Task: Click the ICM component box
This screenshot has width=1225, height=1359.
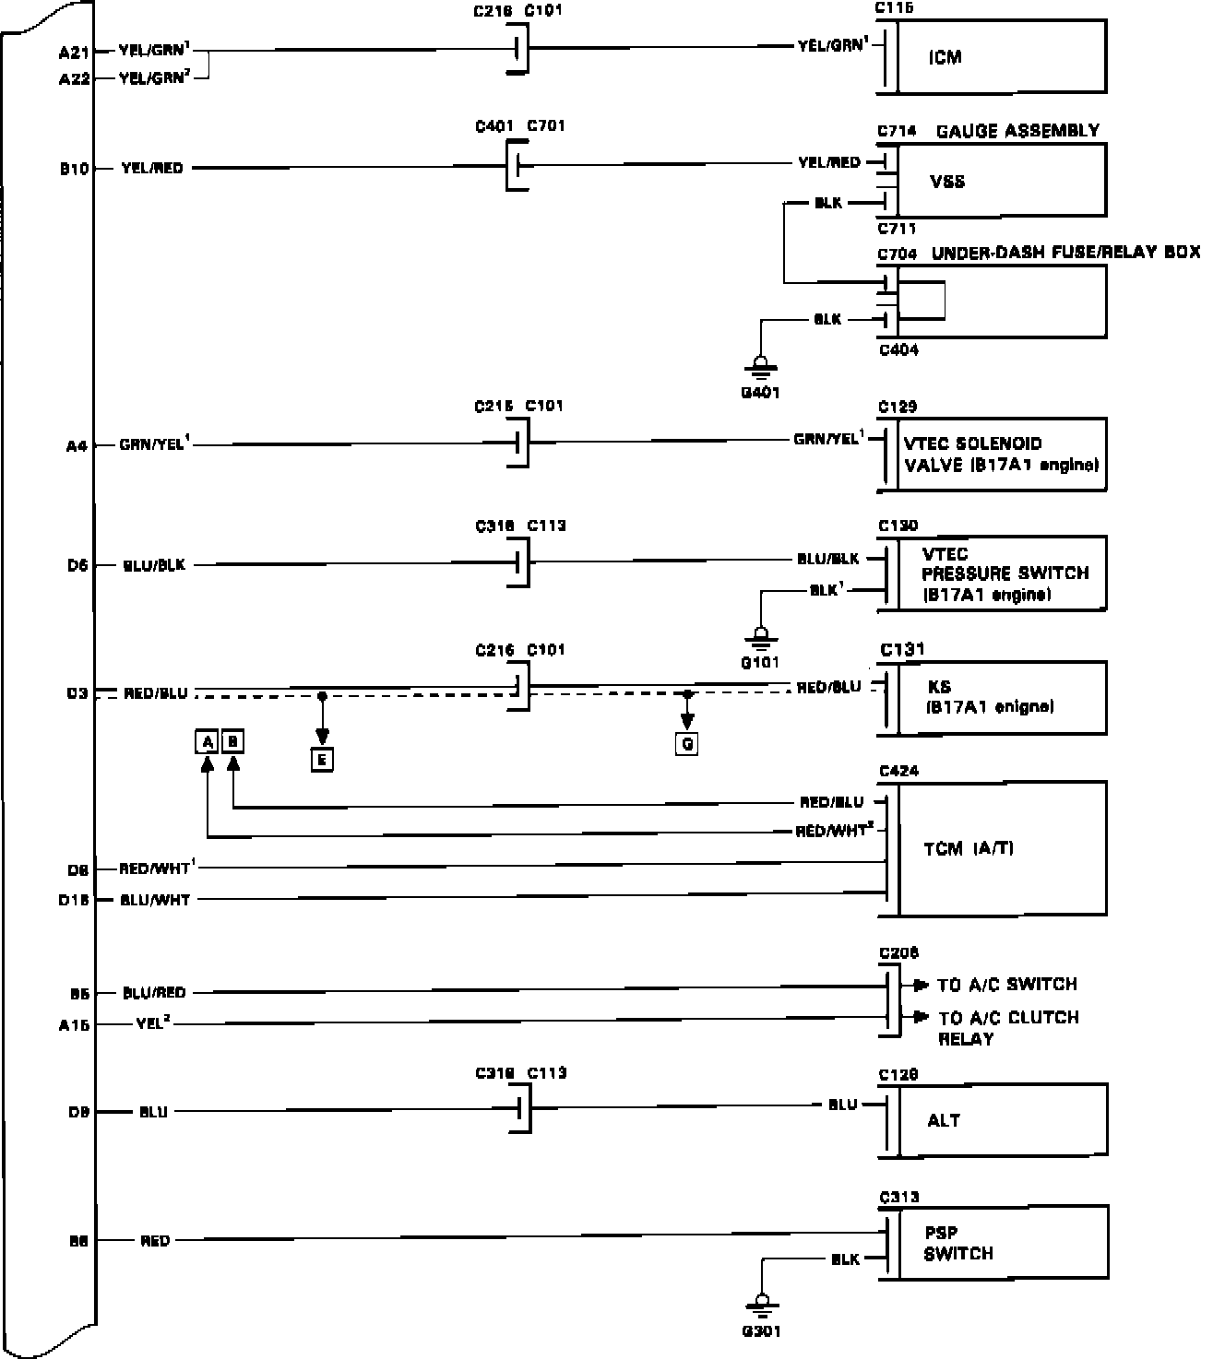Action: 1001,57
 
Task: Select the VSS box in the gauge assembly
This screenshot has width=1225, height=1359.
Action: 1001,181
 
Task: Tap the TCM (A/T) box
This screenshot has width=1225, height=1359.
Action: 1001,848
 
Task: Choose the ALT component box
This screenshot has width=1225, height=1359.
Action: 1001,1120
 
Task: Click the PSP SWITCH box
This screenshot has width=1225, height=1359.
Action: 1001,1243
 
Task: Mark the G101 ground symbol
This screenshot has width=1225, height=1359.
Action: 760,635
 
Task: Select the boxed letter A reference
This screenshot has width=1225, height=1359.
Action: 208,741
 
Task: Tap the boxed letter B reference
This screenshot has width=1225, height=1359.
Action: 233,741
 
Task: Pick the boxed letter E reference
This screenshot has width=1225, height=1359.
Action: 322,760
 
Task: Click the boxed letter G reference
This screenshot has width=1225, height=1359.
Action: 686,743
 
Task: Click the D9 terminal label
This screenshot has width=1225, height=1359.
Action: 78,1113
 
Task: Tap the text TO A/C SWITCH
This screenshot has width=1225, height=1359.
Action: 1006,985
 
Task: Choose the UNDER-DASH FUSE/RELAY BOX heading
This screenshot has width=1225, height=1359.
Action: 1065,253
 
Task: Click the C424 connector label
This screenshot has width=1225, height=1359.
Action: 898,772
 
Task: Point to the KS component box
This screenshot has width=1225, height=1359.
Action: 1001,698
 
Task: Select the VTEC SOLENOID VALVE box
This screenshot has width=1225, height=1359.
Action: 1001,454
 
